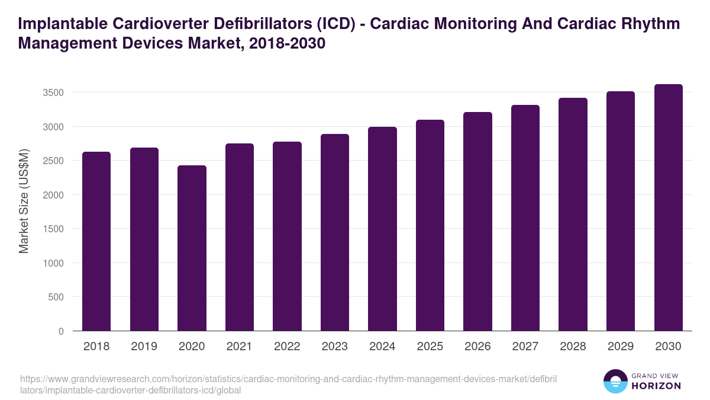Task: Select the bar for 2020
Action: click(x=192, y=248)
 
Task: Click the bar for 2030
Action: click(x=668, y=207)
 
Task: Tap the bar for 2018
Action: click(x=96, y=241)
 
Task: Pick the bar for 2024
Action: click(x=382, y=229)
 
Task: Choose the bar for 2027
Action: click(x=525, y=218)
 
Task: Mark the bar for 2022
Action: click(x=287, y=236)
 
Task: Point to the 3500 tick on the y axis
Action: click(x=53, y=92)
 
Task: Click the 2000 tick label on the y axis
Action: click(x=53, y=195)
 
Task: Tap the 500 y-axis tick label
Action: click(x=56, y=297)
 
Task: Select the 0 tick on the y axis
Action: click(x=60, y=331)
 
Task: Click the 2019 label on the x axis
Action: click(x=144, y=347)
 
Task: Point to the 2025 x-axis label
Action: click(x=430, y=347)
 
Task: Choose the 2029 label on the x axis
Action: click(x=621, y=347)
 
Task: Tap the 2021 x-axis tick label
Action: click(x=239, y=347)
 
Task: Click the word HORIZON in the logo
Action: click(x=656, y=385)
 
